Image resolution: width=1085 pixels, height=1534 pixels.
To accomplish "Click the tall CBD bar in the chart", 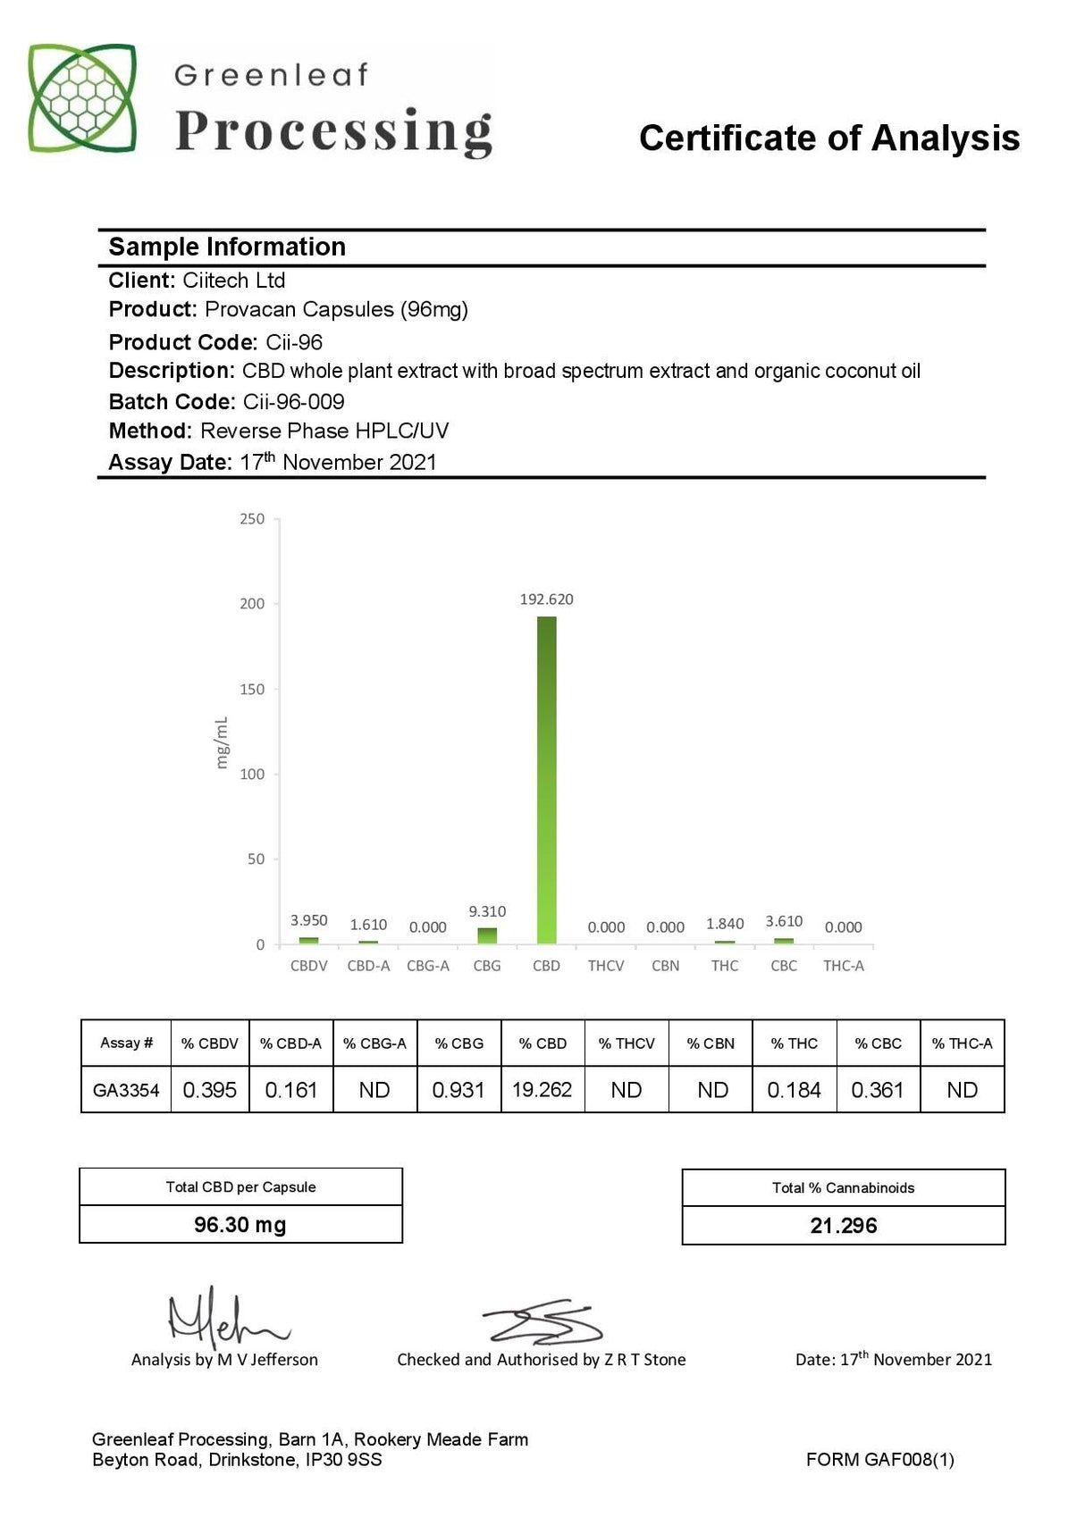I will [x=546, y=779].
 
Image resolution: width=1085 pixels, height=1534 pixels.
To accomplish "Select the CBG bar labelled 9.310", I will [x=487, y=935].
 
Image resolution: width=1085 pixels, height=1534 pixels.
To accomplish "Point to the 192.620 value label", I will [x=546, y=599].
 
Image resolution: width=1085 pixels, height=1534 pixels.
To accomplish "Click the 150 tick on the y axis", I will [x=252, y=689].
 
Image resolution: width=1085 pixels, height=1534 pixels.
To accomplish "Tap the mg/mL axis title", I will [x=222, y=742].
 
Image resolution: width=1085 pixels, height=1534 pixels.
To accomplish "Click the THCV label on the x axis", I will [x=606, y=966].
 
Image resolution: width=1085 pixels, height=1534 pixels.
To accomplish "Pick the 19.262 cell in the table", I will [x=542, y=1090].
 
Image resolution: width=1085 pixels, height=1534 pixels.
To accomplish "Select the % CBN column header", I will [x=711, y=1044].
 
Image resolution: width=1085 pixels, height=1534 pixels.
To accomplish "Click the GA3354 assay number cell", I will [x=126, y=1090].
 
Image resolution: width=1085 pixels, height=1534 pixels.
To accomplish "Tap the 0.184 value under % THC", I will [x=794, y=1090].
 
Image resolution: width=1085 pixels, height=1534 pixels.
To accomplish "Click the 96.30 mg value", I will [x=240, y=1225].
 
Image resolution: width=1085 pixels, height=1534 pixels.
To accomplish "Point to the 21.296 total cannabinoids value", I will [x=844, y=1226].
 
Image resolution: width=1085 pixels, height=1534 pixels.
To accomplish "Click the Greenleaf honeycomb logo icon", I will [x=82, y=98].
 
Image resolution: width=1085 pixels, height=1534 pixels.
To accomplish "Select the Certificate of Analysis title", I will [x=829, y=138].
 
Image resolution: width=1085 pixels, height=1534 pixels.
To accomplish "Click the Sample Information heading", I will [x=227, y=247].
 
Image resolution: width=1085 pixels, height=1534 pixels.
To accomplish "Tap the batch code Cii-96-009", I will [x=294, y=402].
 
